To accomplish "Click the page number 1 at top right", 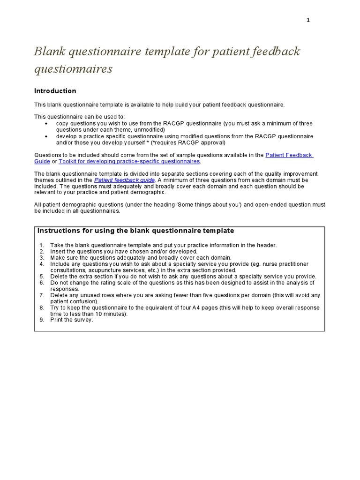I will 308,20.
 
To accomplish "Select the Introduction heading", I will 55,91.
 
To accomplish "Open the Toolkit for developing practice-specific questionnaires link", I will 129,161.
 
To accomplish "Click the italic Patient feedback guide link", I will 124,180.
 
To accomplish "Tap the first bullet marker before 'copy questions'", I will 46,124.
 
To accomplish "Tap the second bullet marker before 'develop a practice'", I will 46,136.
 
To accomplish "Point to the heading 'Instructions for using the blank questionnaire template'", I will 135,231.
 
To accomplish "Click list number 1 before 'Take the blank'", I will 42,245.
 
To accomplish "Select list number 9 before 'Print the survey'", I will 42,320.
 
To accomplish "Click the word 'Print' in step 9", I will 57,320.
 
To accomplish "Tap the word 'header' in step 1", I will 268,245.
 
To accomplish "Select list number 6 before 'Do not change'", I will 42,283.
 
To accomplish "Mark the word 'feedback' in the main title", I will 274,51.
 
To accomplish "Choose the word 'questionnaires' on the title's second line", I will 73,69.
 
